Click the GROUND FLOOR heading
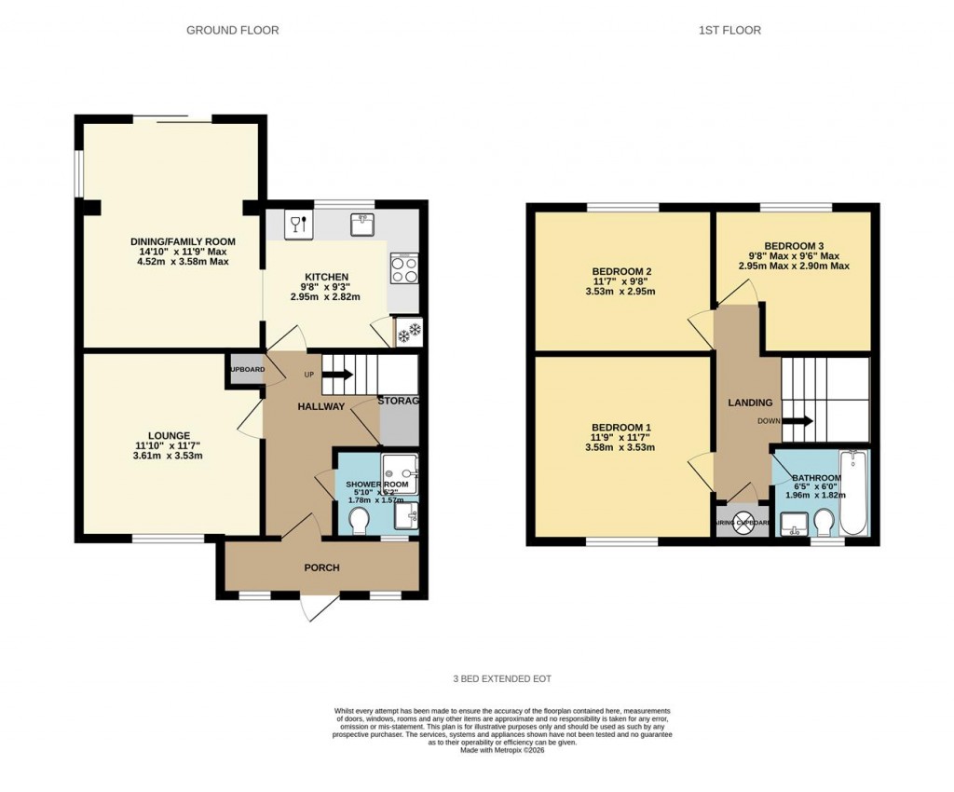[232, 31]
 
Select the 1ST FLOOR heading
[729, 31]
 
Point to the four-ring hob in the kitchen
[403, 269]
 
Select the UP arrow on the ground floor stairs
[336, 375]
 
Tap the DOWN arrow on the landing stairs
[797, 420]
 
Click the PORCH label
[321, 567]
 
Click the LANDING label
[750, 403]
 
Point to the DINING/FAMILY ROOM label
[183, 241]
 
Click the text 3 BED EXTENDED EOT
[502, 679]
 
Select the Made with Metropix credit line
[502, 750]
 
